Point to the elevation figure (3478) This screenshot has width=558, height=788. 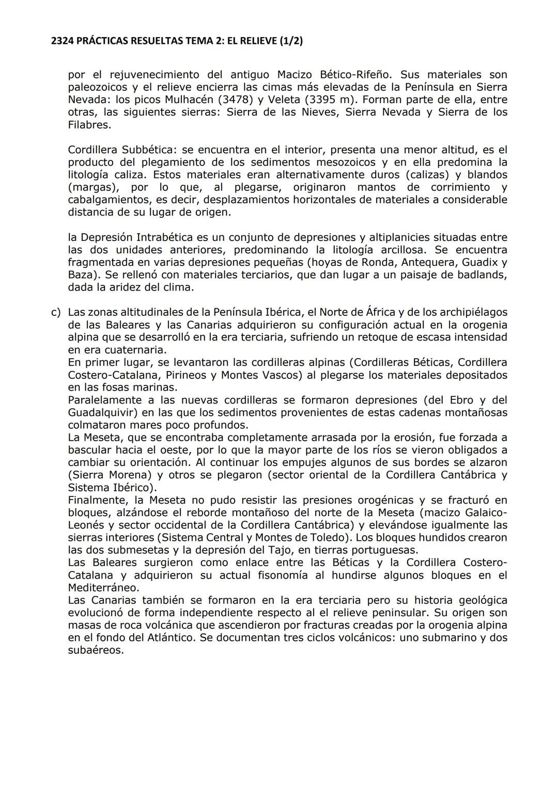(x=233, y=100)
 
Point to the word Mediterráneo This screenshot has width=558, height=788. (x=103, y=588)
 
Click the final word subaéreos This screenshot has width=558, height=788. (x=96, y=650)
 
